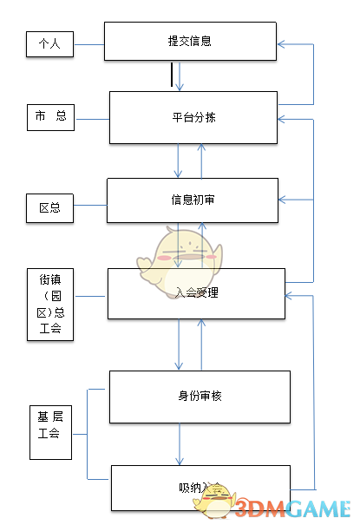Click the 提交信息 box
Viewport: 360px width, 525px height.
pyautogui.click(x=190, y=42)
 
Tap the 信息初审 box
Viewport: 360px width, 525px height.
pyautogui.click(x=192, y=200)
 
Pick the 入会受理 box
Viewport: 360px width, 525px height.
pyautogui.click(x=196, y=293)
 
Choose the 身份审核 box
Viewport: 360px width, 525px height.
pyautogui.click(x=200, y=397)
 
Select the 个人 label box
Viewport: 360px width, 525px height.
pyautogui.click(x=49, y=43)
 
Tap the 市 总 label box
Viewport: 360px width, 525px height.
pyautogui.click(x=51, y=117)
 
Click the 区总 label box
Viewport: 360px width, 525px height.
pyautogui.click(x=49, y=208)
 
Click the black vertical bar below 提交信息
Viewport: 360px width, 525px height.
pyautogui.click(x=172, y=76)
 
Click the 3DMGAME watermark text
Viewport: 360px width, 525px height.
pyautogui.click(x=299, y=508)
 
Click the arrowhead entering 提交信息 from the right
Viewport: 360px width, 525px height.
pyautogui.click(x=282, y=43)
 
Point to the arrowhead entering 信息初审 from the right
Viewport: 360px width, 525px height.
pyautogui.click(x=284, y=200)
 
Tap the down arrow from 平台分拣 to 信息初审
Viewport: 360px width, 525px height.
pyautogui.click(x=179, y=160)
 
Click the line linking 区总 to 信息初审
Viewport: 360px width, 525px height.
pyautogui.click(x=89, y=208)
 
